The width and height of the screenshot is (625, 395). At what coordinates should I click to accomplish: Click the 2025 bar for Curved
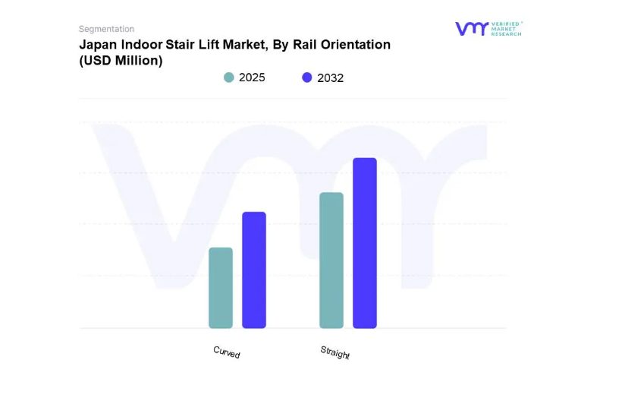(x=221, y=288)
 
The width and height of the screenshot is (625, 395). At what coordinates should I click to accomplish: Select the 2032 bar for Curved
(x=254, y=270)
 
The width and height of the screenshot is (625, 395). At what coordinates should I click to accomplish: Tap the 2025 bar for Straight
(x=331, y=261)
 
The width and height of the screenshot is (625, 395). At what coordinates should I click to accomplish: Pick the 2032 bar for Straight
(x=365, y=243)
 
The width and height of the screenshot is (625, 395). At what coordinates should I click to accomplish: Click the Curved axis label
(x=226, y=352)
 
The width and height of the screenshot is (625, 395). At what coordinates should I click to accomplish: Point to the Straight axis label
(x=334, y=352)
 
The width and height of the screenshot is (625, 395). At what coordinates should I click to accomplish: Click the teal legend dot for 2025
(x=229, y=77)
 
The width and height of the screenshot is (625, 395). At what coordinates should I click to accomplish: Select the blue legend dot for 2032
(x=307, y=77)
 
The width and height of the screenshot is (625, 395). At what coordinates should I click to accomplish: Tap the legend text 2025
(x=252, y=77)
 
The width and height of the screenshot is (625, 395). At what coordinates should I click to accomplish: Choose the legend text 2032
(x=330, y=77)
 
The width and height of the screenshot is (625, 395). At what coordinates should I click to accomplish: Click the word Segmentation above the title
(x=106, y=29)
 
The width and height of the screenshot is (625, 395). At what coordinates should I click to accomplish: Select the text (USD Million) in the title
(x=121, y=61)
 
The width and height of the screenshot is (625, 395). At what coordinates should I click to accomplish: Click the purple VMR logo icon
(x=472, y=29)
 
